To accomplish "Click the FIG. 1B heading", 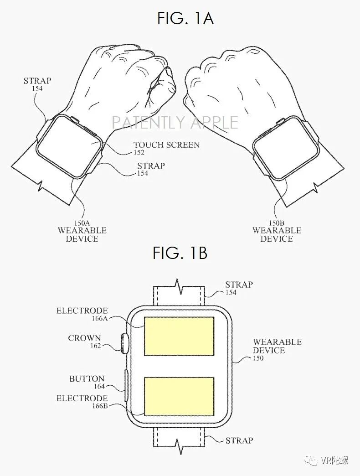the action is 180,253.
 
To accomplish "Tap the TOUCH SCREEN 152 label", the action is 166,148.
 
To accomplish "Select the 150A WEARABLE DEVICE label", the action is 82,231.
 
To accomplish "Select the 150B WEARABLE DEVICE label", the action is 277,231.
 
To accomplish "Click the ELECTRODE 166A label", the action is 82,314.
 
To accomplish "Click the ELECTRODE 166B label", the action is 82,402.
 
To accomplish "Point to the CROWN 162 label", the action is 84,341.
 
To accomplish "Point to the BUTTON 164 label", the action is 87,382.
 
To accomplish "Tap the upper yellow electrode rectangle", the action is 179,336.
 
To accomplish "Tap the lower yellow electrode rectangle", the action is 179,396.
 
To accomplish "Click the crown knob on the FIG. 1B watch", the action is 124,343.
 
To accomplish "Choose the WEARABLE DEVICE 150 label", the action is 277,349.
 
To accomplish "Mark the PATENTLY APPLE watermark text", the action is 175,123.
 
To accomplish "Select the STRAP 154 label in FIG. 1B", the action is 238,288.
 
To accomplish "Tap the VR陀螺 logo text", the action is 335,460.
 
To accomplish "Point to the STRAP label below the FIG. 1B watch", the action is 239,440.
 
